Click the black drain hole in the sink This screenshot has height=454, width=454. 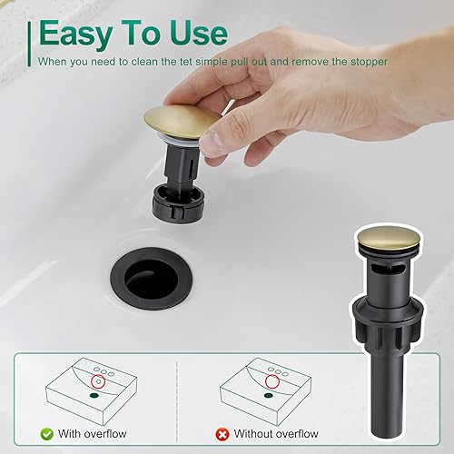(x=148, y=273)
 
